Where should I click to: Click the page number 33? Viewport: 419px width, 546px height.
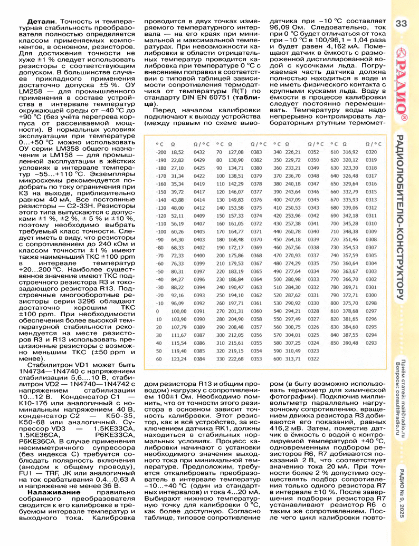(x=401, y=24)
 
